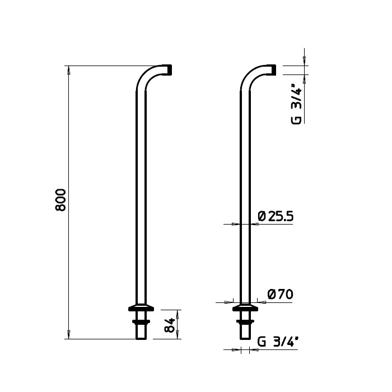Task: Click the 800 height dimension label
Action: pos(61,200)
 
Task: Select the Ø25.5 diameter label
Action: pos(276,216)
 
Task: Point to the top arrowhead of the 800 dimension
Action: pos(68,69)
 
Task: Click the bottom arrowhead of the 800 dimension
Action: pos(68,335)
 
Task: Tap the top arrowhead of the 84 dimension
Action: pos(180,312)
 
